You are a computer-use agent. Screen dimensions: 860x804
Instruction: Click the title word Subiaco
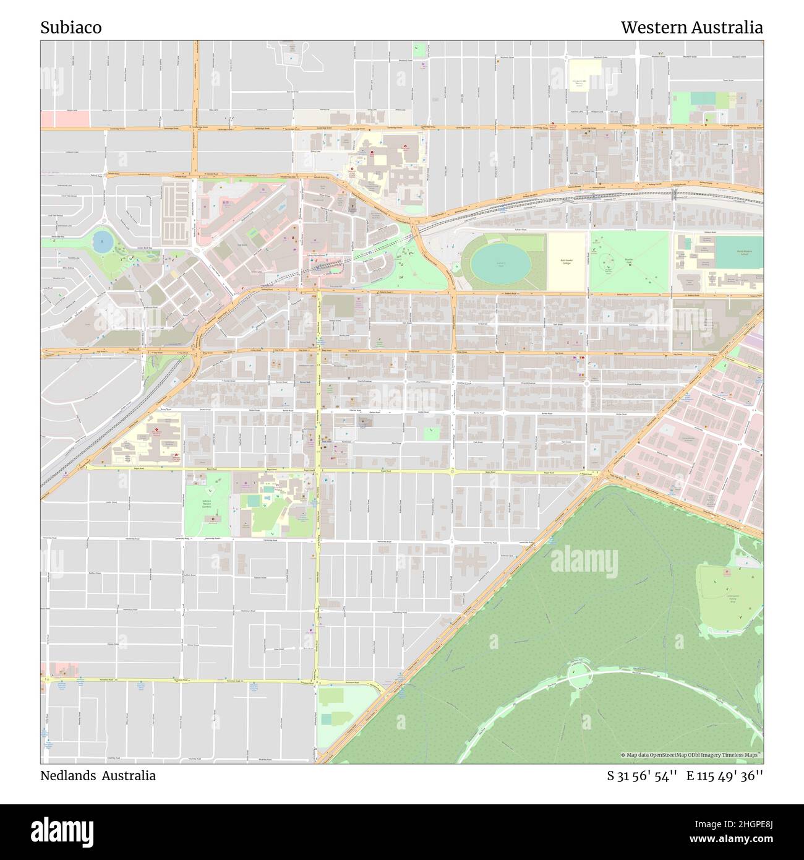pyautogui.click(x=71, y=28)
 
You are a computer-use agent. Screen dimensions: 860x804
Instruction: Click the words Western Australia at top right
pyautogui.click(x=691, y=28)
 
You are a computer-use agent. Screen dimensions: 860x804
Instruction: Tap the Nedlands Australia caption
pyautogui.click(x=98, y=775)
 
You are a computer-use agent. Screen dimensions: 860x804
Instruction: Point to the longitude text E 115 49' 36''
pyautogui.click(x=724, y=775)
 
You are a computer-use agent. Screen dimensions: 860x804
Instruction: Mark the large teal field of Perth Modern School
pyautogui.click(x=738, y=253)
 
